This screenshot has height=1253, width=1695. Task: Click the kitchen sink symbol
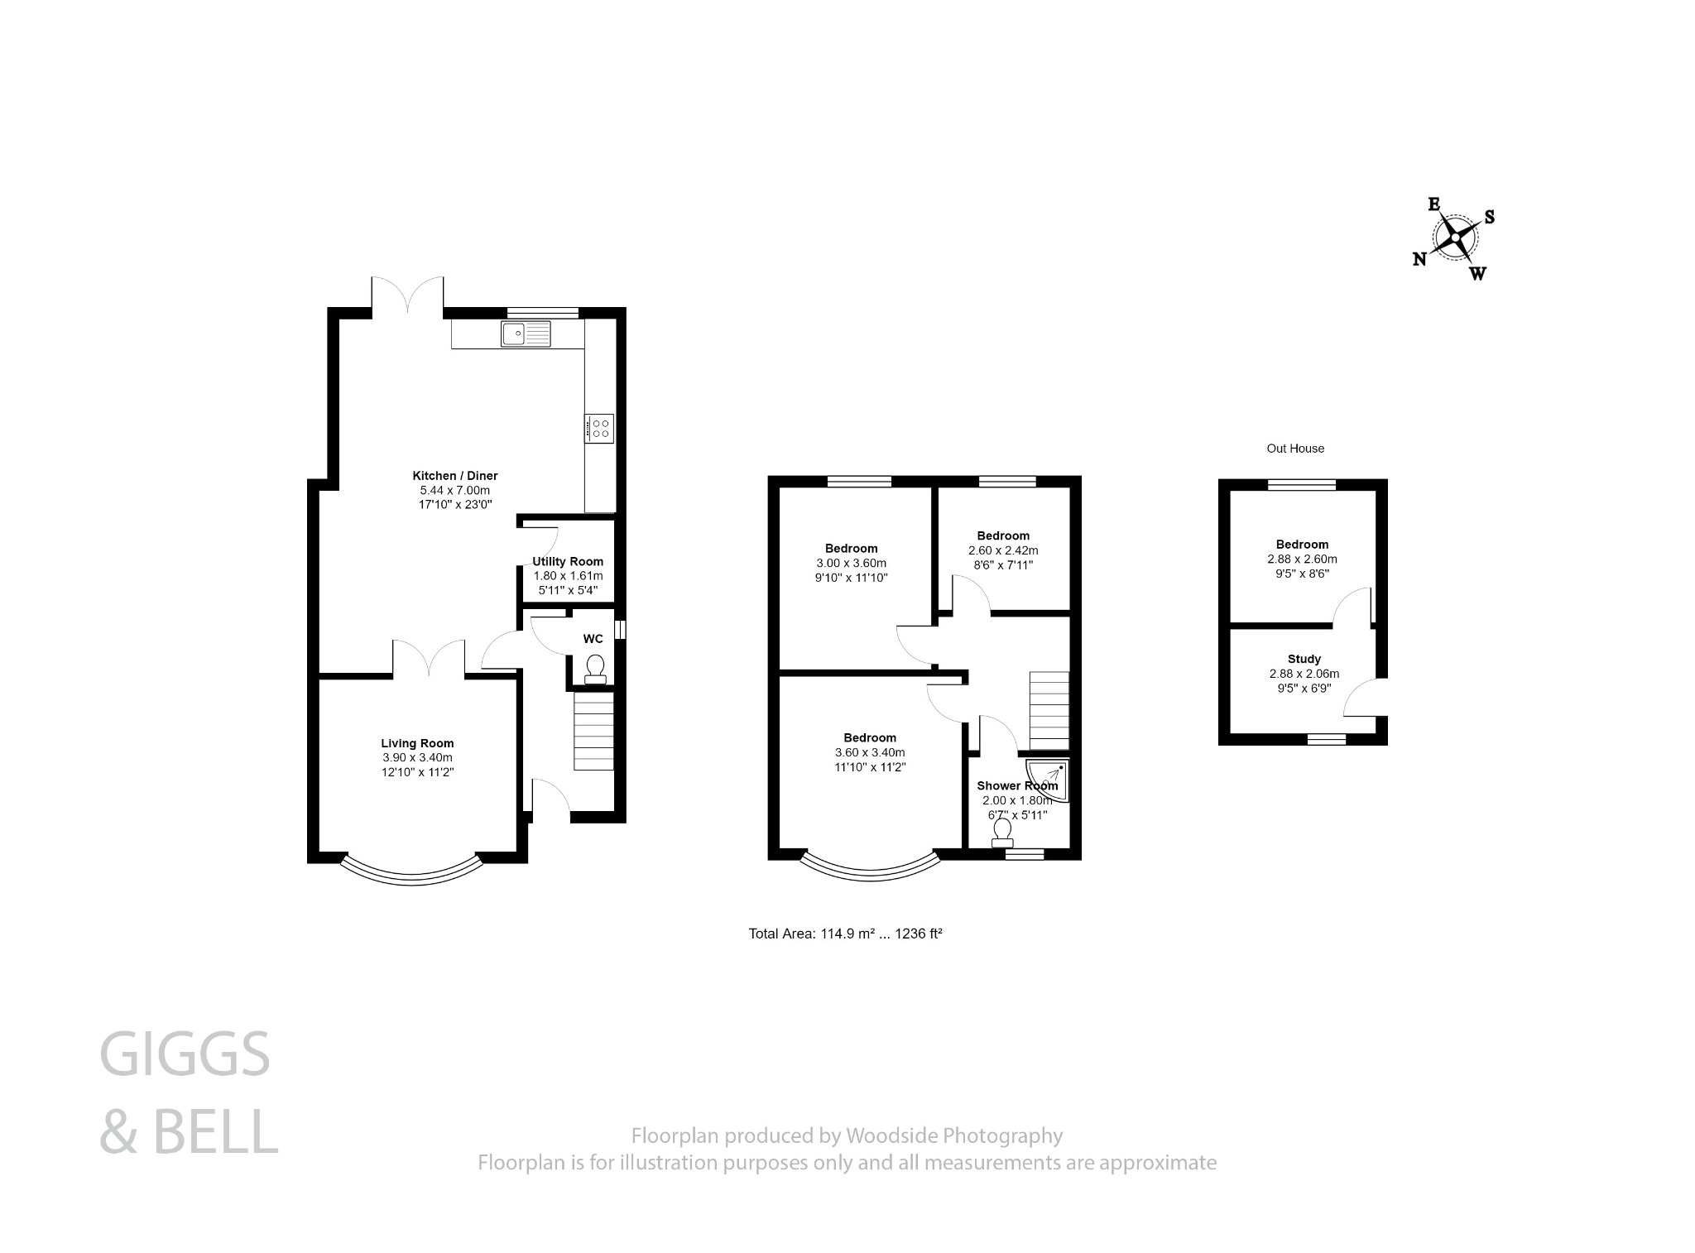[525, 333]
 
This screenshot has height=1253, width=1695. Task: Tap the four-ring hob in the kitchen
[599, 428]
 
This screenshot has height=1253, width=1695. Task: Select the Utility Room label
[568, 561]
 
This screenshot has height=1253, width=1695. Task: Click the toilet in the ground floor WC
[594, 669]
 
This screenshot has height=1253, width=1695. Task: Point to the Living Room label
[417, 743]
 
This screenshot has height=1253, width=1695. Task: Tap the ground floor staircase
[593, 732]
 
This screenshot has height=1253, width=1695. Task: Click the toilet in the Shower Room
[1002, 833]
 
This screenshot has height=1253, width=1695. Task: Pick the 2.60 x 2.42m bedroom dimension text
[1003, 550]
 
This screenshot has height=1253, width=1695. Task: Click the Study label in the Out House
[1304, 659]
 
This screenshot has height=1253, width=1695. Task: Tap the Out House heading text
[1295, 449]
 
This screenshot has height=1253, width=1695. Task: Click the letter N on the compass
[1419, 259]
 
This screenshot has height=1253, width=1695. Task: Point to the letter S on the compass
[1489, 217]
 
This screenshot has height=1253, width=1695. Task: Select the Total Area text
[845, 934]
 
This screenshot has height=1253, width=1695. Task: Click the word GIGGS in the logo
[185, 1054]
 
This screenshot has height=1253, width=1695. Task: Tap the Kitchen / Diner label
[455, 476]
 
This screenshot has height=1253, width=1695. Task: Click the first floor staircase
[1049, 710]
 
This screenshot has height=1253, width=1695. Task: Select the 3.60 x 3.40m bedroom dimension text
[870, 752]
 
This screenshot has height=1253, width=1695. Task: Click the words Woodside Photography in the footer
[953, 1135]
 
